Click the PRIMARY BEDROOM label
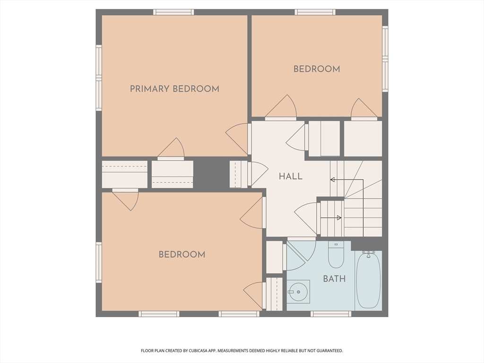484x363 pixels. (174, 89)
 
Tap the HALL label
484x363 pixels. (291, 176)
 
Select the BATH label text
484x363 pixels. (334, 279)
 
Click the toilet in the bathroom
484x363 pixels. (336, 255)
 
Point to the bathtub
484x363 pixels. (368, 280)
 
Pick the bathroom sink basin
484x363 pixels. (298, 292)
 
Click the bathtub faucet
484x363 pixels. (368, 254)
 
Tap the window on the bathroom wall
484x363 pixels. (330, 314)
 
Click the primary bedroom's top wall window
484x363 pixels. (174, 12)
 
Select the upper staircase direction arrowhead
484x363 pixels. (332, 180)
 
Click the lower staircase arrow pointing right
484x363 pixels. (331, 217)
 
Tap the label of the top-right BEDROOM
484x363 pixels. (317, 69)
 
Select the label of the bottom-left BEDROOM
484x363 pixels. (182, 255)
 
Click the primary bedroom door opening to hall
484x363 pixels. (238, 139)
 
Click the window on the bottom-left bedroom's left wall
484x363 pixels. (99, 262)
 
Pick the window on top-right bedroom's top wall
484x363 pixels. (315, 12)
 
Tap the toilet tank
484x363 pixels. (336, 245)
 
